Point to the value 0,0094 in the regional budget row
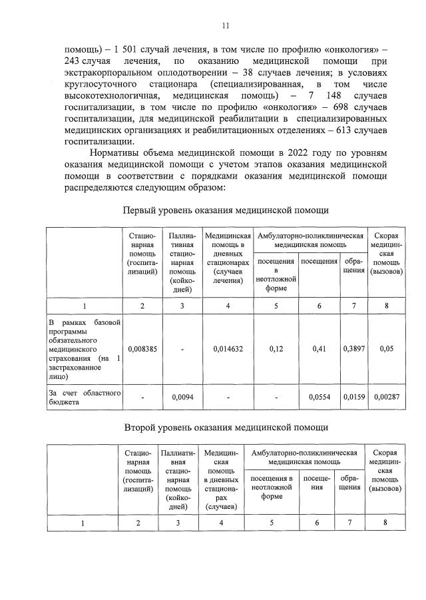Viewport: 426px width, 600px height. (x=182, y=398)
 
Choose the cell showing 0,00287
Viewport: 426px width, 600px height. (x=387, y=398)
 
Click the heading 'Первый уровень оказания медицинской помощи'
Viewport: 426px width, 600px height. (x=226, y=210)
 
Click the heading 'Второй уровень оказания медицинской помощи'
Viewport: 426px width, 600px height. (x=226, y=426)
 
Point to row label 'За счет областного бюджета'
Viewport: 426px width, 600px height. (x=83, y=398)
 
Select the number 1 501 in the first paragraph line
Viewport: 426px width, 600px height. (x=118, y=49)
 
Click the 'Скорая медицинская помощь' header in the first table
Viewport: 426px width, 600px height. (x=387, y=254)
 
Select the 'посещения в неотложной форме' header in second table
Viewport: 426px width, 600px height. (x=272, y=487)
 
